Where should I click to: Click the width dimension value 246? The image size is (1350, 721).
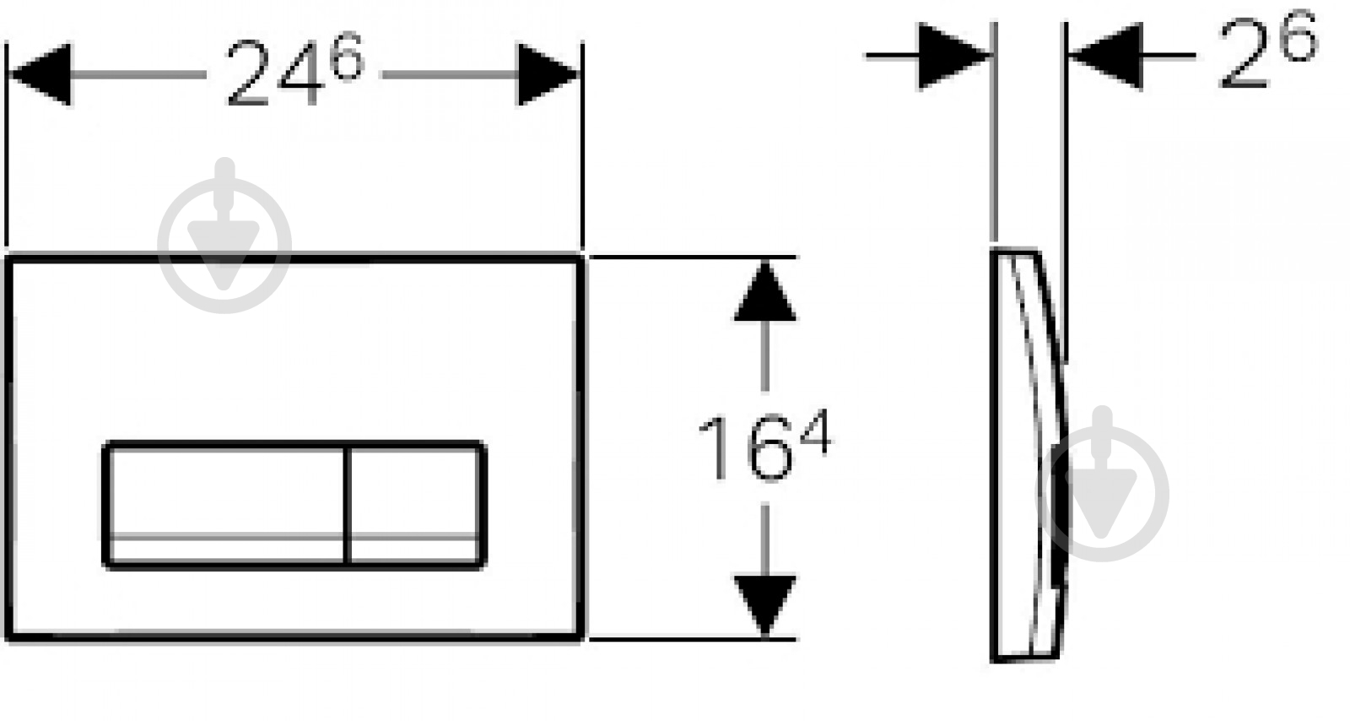tap(295, 71)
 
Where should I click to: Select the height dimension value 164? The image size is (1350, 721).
tap(764, 447)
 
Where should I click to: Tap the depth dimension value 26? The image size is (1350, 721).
tap(1268, 51)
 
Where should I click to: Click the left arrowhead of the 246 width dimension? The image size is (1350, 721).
tap(40, 74)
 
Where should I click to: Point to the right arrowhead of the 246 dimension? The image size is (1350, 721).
tap(548, 74)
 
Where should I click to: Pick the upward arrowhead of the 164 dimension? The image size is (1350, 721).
tap(764, 290)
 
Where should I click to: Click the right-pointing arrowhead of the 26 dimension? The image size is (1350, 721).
tap(954, 56)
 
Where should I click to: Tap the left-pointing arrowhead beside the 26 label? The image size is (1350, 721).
tap(1106, 56)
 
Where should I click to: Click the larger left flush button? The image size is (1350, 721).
tap(225, 505)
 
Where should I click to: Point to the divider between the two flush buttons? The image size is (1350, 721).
tap(347, 505)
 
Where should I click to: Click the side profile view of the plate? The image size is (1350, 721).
tap(1029, 455)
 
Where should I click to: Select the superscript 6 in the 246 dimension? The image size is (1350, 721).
tap(348, 56)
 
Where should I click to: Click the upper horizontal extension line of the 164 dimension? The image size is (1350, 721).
tap(693, 257)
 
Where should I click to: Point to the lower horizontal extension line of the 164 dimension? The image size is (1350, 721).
tap(693, 639)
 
